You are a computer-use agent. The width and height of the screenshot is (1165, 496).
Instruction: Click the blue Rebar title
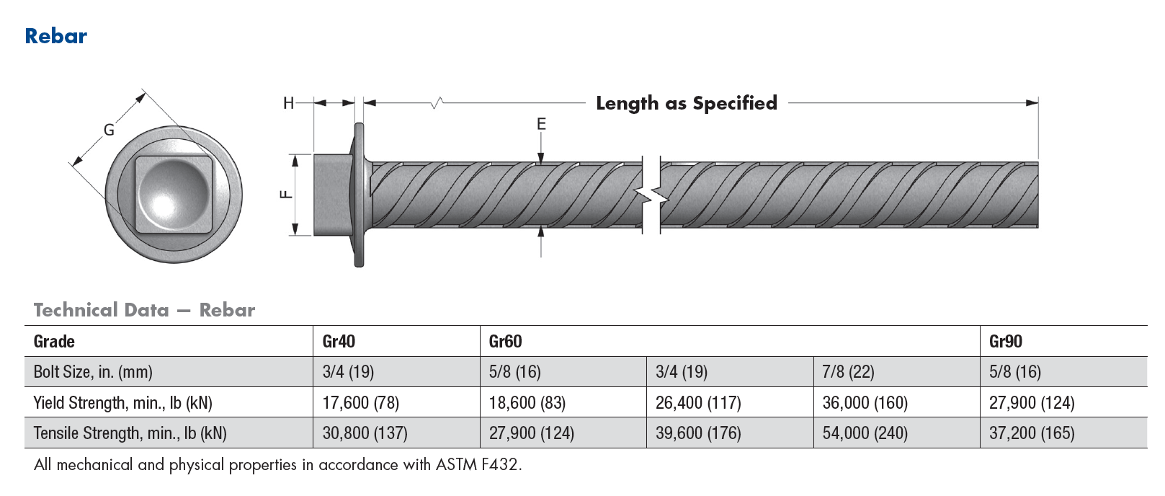55,36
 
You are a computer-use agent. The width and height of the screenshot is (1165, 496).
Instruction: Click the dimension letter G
109,130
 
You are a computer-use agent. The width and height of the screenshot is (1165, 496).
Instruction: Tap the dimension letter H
288,104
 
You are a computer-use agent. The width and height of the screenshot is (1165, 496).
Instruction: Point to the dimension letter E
541,125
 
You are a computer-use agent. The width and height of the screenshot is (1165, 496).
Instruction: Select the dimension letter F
286,194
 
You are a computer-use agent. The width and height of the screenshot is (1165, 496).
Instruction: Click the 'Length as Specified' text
686,103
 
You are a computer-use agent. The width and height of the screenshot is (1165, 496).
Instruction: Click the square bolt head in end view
174,194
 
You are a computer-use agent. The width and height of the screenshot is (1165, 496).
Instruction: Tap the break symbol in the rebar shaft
651,195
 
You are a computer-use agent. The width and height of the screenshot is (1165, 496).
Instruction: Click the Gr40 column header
339,342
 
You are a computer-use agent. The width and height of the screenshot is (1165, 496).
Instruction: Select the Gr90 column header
1005,342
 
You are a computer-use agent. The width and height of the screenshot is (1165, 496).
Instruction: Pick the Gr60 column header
505,342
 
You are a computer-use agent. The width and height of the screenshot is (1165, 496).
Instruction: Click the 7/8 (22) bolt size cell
848,372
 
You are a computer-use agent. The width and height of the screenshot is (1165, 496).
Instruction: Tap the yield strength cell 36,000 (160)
865,403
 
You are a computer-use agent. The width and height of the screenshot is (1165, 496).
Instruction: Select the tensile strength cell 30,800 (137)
365,433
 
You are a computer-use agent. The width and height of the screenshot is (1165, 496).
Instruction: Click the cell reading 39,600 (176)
697,433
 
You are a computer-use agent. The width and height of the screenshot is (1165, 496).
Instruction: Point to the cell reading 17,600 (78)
360,403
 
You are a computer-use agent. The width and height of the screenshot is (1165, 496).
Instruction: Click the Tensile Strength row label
130,433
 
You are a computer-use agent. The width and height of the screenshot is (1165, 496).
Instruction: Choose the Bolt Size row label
93,372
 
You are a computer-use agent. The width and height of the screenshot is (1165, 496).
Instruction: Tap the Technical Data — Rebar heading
144,311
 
